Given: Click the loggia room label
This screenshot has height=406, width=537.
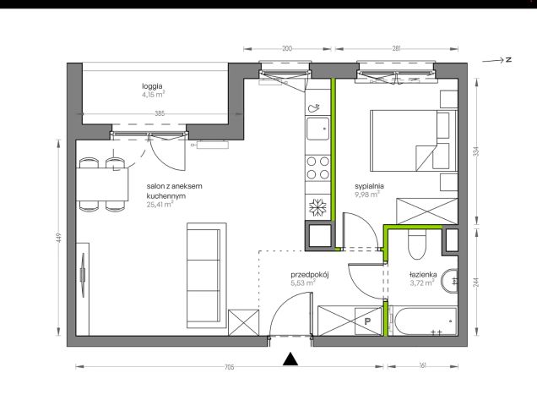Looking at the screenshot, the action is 152,86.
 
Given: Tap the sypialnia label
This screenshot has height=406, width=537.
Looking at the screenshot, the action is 369,186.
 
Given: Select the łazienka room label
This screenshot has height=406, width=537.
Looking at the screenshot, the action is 423,275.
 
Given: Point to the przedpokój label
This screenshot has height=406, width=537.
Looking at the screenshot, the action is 310,275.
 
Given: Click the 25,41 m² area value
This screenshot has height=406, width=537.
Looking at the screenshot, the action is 160,205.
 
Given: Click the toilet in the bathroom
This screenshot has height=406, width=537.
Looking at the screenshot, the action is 417,244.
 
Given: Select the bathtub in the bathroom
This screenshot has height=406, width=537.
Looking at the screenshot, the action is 425,321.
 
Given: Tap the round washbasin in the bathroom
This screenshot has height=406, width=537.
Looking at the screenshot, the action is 450,281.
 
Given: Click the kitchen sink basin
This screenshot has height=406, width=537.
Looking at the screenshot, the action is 317,129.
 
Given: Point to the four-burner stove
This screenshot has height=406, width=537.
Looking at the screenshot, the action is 317,167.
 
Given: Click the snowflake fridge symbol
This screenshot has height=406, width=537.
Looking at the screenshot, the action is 317,207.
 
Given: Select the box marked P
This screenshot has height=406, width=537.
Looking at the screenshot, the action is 368,321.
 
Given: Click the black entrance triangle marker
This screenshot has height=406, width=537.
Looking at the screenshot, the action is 290,359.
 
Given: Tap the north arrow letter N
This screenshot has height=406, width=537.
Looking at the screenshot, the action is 508,60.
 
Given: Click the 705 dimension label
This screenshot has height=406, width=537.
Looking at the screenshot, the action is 229,367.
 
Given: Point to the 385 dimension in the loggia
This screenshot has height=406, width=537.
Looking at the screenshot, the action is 160,113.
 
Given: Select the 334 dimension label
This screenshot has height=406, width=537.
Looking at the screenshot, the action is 475,151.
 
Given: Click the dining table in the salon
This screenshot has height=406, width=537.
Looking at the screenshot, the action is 102,184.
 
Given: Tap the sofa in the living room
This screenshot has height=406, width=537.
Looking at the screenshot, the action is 207,276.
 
